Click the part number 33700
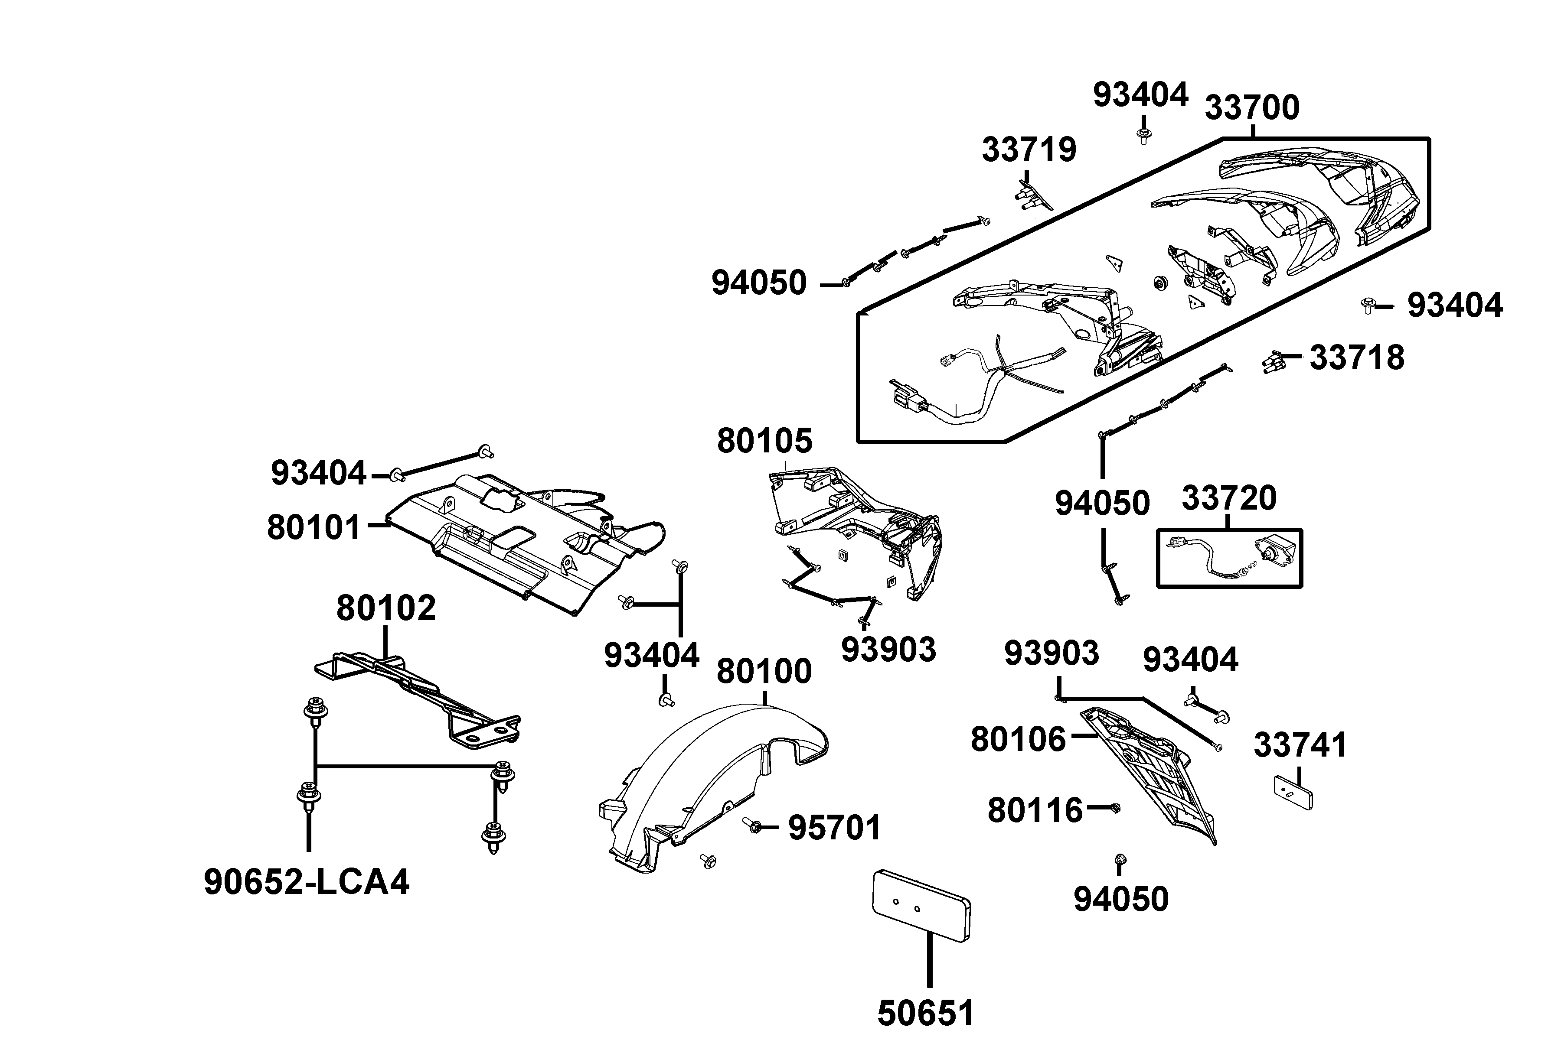(x=1252, y=107)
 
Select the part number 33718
(x=1357, y=358)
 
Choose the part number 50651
(x=926, y=1013)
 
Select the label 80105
(x=764, y=441)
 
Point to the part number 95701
(x=834, y=828)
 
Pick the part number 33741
(x=1300, y=745)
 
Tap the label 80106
(x=1018, y=740)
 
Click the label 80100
(x=764, y=672)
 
